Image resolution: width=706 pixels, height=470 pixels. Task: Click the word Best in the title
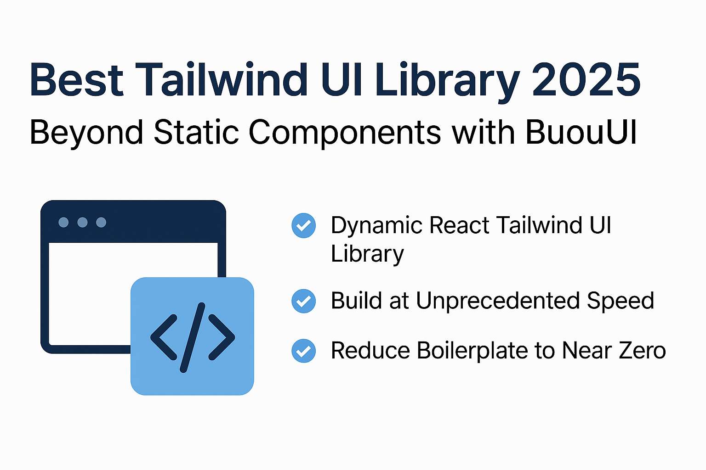(x=76, y=80)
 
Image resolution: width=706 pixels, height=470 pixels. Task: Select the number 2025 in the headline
(x=586, y=80)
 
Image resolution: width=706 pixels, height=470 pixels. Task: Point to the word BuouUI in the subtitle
(x=581, y=133)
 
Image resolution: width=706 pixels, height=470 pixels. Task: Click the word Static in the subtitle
(x=196, y=133)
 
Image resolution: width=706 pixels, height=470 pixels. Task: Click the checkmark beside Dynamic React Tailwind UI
(x=304, y=225)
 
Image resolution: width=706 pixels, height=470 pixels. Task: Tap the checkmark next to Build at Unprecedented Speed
(x=304, y=301)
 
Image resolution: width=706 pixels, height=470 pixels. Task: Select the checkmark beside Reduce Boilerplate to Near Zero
(x=304, y=351)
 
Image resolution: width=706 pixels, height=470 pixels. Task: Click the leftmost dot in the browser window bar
(x=64, y=223)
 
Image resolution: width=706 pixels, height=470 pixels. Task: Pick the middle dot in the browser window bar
(x=83, y=223)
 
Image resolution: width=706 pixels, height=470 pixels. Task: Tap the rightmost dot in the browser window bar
(x=101, y=223)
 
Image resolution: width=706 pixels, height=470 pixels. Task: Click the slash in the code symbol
(x=193, y=337)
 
